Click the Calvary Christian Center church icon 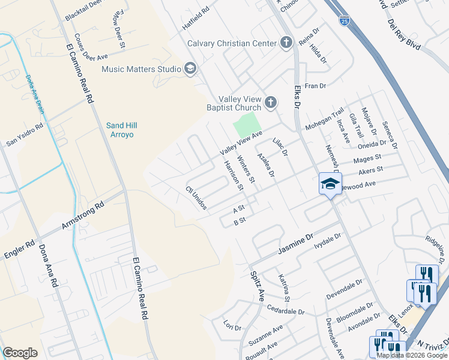(286, 43)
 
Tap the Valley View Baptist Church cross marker (270, 103)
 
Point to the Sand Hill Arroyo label (119, 130)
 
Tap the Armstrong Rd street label (83, 217)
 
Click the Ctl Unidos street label (196, 197)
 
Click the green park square (248, 125)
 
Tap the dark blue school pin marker (330, 184)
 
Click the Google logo (20, 353)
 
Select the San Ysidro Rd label (25, 136)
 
